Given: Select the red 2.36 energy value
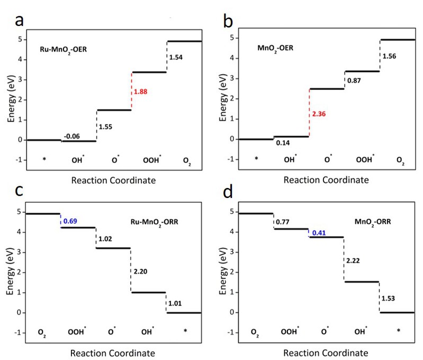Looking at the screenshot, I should coord(319,114).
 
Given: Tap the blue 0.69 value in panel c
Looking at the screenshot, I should coord(71,220).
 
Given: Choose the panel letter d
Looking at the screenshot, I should coord(229,191).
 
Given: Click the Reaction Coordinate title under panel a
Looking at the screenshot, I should coord(114,180).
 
